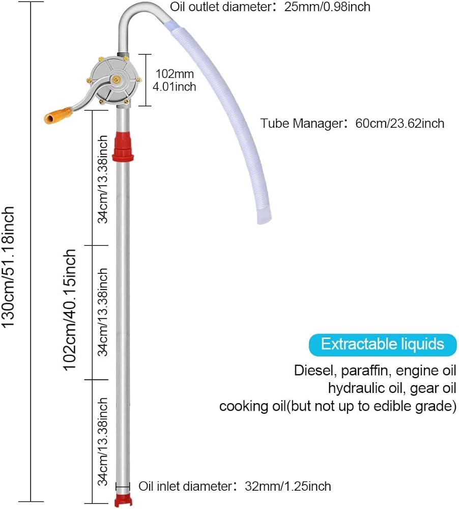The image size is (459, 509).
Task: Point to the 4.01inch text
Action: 175,87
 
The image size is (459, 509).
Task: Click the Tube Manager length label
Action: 352,123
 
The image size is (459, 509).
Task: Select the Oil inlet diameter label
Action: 235,486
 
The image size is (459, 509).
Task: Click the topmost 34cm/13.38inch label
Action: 103,179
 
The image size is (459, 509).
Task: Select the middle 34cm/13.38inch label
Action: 103,312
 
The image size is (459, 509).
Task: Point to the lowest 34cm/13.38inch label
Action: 103,442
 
